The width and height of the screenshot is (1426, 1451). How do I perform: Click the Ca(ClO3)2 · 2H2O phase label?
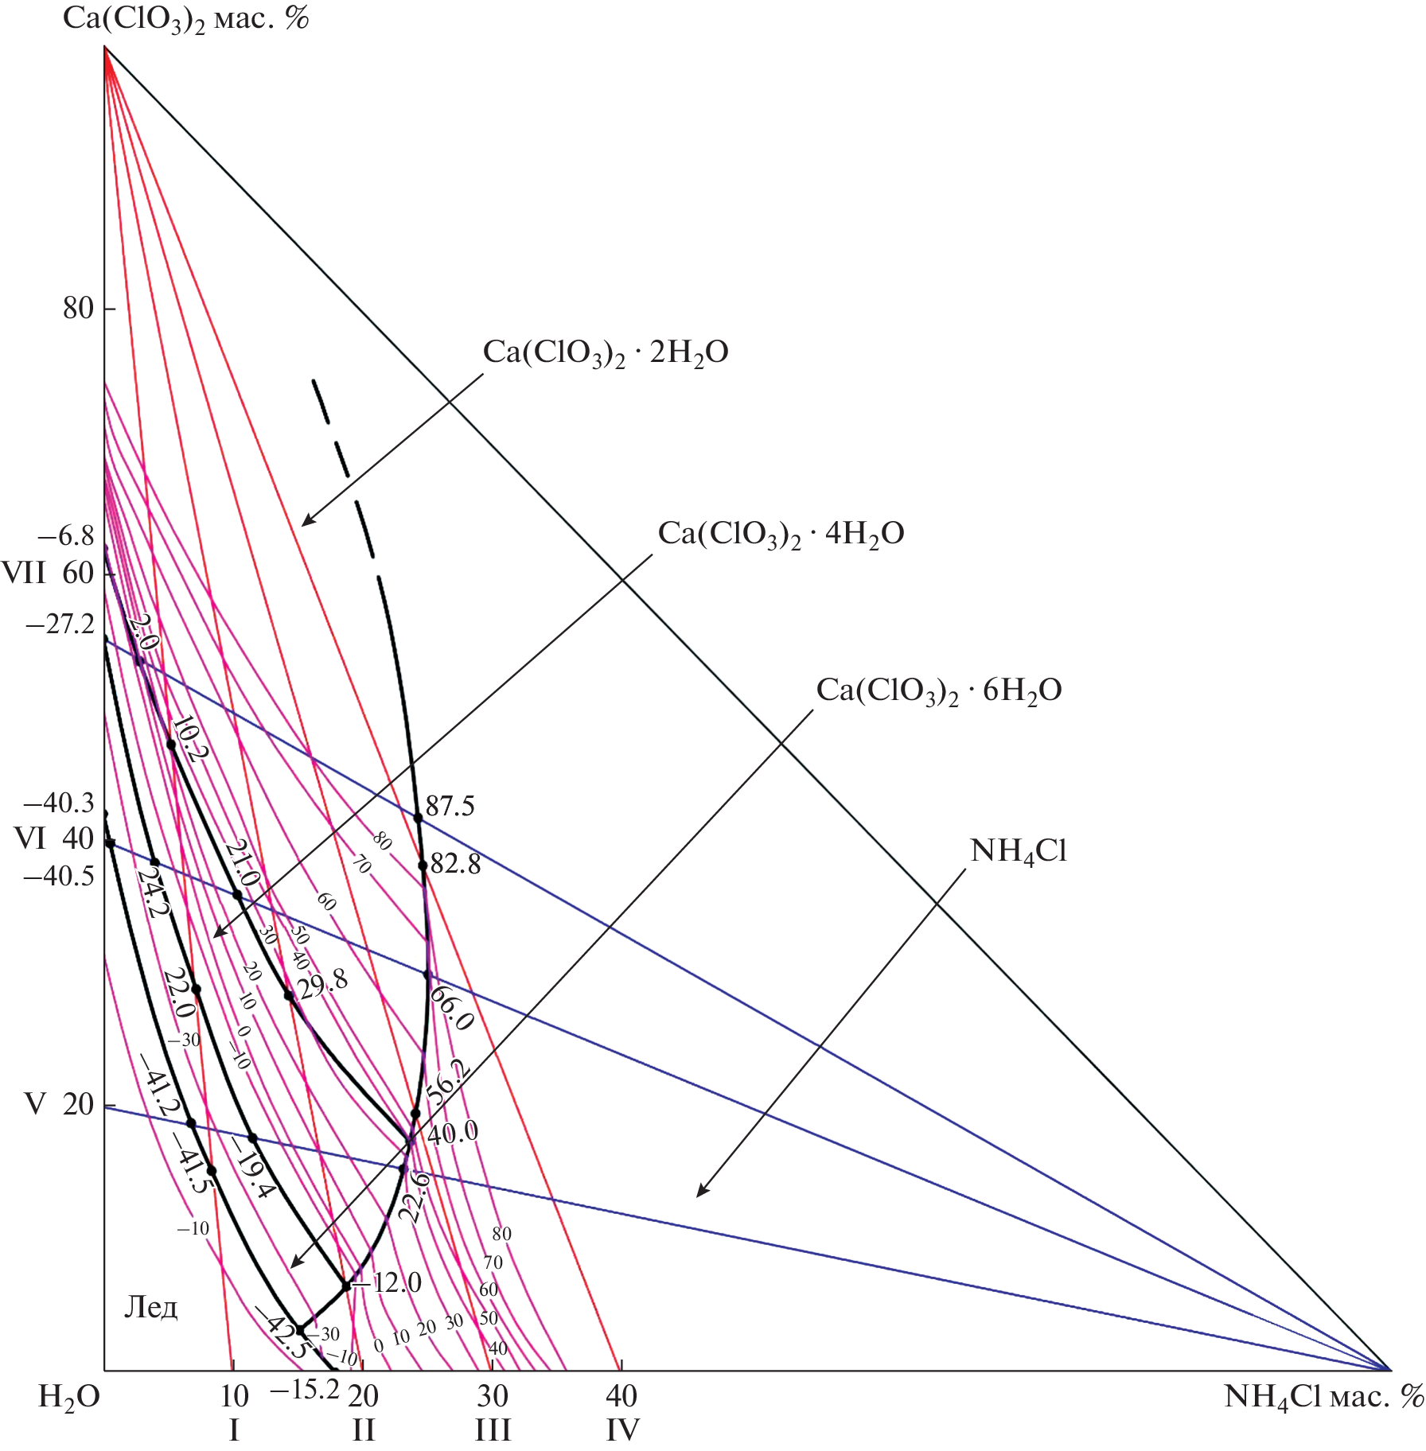coord(605,353)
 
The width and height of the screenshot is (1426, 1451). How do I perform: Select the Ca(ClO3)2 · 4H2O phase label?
coord(781,534)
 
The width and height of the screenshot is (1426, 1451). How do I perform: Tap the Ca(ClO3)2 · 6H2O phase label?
coord(939,690)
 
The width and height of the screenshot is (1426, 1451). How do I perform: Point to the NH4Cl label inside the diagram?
coord(1018,852)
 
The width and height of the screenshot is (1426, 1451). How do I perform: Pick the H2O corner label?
coord(69,1397)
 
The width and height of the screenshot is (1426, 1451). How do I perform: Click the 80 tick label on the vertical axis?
coord(79,309)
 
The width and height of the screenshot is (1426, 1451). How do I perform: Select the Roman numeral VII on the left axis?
coord(23,573)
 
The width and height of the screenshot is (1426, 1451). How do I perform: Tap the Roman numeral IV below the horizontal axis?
coord(621,1430)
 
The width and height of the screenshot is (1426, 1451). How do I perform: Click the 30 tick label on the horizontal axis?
coord(493,1396)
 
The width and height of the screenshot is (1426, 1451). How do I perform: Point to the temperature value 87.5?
coord(450,807)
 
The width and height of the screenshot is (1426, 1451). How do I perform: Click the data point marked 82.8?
coord(423,866)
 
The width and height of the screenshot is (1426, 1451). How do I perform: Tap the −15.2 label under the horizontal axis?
coord(305,1390)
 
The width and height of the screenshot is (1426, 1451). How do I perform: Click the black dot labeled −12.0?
coord(346,1286)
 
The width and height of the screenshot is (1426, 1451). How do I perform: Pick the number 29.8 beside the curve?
coord(322,983)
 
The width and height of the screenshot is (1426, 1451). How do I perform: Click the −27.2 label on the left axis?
coord(60,624)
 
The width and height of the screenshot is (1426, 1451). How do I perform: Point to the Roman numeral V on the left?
coord(34,1104)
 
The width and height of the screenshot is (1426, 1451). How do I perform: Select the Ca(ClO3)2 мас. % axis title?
coord(185,19)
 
